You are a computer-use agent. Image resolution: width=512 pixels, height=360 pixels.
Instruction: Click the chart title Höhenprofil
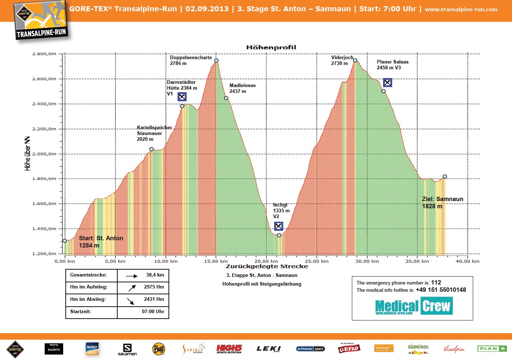pos(271,47)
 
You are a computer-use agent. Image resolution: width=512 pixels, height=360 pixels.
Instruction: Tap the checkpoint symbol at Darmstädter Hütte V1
pos(182,97)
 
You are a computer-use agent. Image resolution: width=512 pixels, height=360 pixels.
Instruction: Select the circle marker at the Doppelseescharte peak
pos(216,61)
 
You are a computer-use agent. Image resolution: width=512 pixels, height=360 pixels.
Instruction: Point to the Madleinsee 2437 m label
pos(242,88)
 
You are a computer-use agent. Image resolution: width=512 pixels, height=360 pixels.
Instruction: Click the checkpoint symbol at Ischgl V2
pos(279,226)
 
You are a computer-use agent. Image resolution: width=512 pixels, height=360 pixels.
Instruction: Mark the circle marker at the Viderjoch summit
pos(355,60)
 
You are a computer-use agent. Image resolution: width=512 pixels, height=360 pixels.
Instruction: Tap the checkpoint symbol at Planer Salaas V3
pos(387,83)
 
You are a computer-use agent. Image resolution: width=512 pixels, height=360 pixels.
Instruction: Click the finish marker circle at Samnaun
pos(445,177)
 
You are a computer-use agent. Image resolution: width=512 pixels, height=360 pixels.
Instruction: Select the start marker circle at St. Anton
pos(65,241)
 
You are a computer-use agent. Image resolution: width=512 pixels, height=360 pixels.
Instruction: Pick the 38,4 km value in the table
pos(155,275)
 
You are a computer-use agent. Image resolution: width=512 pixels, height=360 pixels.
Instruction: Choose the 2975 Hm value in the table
pos(154,287)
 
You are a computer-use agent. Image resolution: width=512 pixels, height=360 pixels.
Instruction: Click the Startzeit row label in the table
pos(81,311)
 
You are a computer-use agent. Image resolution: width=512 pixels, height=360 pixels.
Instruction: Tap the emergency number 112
pos(436,282)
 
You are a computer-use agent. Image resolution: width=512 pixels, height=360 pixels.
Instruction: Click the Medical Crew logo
pos(414,306)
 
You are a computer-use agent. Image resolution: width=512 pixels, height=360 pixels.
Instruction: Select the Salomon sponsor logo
pos(127,349)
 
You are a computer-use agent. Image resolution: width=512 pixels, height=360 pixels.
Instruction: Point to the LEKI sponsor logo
pos(269,349)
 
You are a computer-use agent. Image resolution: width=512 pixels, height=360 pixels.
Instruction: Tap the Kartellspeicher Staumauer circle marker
pos(151,149)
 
